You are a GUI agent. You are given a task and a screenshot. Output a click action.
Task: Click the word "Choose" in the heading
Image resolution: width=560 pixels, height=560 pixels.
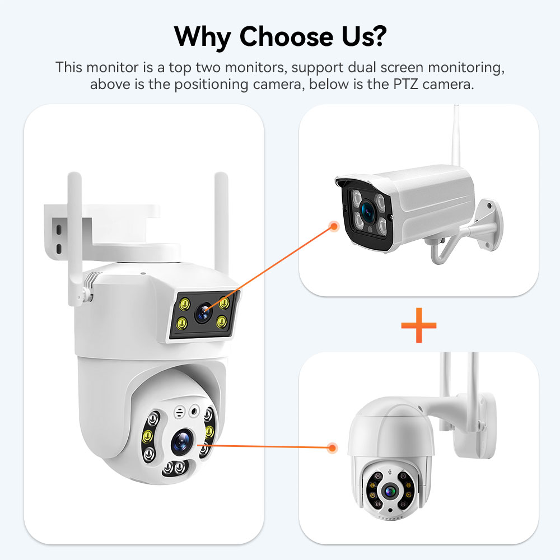tap(287, 36)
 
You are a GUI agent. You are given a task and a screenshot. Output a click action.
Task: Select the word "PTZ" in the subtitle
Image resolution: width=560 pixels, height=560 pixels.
tap(405, 85)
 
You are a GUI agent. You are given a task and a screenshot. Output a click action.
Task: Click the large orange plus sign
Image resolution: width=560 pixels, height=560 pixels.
tap(418, 325)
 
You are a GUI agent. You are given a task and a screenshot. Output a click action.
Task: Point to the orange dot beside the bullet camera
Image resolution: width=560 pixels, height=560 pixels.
tap(334, 226)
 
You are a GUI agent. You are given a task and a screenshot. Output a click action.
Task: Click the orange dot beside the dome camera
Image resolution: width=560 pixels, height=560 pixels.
tap(333, 447)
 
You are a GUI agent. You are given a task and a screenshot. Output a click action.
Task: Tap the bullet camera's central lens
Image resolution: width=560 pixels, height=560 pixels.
tap(367, 210)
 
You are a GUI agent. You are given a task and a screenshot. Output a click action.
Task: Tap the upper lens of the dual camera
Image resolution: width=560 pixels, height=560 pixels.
tap(203, 312)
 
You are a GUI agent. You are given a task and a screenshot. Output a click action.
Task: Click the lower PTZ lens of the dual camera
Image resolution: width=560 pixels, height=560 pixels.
tap(182, 442)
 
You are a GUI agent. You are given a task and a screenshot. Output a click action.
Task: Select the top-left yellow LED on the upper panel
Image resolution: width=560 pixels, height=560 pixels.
tap(185, 304)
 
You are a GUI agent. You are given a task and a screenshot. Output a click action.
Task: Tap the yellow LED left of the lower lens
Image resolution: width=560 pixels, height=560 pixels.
tap(147, 436)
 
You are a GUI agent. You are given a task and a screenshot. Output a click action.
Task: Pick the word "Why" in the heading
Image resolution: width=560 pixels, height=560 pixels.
tap(203, 37)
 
